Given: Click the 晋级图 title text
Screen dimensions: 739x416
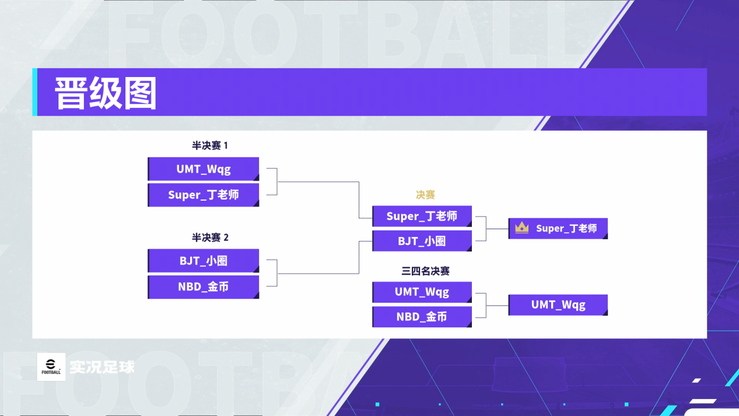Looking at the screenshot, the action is pyautogui.click(x=106, y=93).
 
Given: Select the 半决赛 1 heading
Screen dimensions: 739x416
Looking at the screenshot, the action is pyautogui.click(x=210, y=145).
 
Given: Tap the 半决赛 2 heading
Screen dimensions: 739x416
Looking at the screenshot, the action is pyautogui.click(x=210, y=237).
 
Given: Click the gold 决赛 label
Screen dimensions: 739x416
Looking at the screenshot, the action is pyautogui.click(x=425, y=195).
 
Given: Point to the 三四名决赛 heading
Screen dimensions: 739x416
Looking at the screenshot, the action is pyautogui.click(x=425, y=271).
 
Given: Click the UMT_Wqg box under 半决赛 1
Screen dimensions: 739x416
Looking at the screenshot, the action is pyautogui.click(x=203, y=169).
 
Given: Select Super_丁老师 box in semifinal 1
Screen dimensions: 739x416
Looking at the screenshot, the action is pyautogui.click(x=203, y=195).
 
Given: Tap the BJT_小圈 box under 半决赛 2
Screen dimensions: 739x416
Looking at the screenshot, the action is pyautogui.click(x=203, y=261).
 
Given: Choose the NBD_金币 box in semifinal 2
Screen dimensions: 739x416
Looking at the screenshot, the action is pyautogui.click(x=203, y=287).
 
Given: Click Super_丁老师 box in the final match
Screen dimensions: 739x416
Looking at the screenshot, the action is pyautogui.click(x=422, y=216).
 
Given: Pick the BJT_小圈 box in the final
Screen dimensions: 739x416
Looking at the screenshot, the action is pyautogui.click(x=422, y=241).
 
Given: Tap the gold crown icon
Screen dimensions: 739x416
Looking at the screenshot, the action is pyautogui.click(x=521, y=228).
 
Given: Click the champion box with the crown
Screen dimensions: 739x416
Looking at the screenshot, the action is pyautogui.click(x=558, y=228).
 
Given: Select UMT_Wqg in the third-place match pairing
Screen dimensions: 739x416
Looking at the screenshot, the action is pyautogui.click(x=422, y=292).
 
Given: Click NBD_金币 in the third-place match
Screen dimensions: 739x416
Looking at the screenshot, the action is pyautogui.click(x=422, y=317).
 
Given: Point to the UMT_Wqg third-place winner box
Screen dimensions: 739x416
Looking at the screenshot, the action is pyautogui.click(x=558, y=305).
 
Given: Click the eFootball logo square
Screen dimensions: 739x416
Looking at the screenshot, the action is pyautogui.click(x=51, y=367).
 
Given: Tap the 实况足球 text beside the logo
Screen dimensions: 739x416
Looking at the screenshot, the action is pyautogui.click(x=102, y=367).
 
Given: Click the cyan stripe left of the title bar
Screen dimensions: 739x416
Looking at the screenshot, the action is pyautogui.click(x=34, y=92).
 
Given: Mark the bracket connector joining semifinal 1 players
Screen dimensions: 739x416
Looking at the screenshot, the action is pyautogui.click(x=277, y=182).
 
